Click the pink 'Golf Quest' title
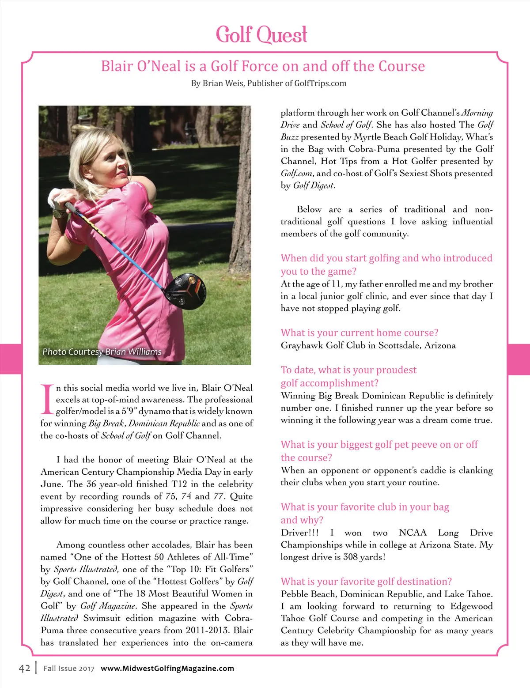coord(261,34)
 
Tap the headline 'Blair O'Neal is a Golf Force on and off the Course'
coord(263,66)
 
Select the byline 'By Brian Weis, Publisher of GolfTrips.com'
coord(269,83)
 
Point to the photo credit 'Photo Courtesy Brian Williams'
coord(102,352)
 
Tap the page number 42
coord(24,668)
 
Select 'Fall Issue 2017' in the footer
coord(69,669)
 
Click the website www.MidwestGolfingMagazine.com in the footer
coord(167,668)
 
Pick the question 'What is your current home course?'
coord(360,333)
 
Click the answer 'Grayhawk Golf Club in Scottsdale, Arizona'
coord(368,345)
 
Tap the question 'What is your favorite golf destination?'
coord(366,582)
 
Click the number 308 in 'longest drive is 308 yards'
coord(351,557)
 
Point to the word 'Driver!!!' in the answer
coord(299,533)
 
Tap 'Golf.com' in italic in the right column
coord(297,174)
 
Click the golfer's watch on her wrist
coord(57,214)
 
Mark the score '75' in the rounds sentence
coord(170,496)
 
